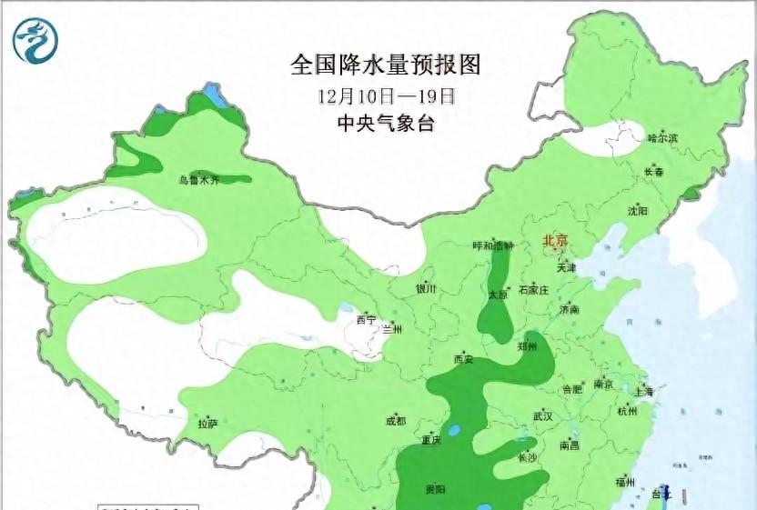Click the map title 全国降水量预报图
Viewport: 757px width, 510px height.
[x=385, y=65]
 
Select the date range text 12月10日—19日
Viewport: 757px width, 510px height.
[x=386, y=95]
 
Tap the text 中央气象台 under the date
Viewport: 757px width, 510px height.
[x=385, y=124]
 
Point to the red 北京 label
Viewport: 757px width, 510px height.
[x=554, y=241]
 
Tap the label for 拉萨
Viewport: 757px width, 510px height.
[x=207, y=423]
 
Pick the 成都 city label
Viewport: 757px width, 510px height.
[x=396, y=421]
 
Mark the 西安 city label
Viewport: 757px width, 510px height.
[x=463, y=359]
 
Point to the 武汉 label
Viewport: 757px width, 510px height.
[x=543, y=415]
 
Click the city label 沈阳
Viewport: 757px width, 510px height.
[x=638, y=211]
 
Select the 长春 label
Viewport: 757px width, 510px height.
[x=653, y=172]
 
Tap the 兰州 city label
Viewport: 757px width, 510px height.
[x=392, y=328]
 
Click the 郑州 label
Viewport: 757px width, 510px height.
[x=527, y=346]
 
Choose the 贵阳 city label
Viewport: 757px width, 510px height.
[x=435, y=489]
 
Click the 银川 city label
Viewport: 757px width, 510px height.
[x=426, y=288]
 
